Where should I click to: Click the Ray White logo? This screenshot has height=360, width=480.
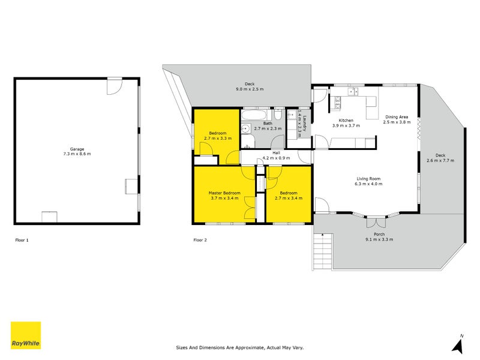[26, 335]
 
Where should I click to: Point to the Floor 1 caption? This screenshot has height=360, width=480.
[22, 240]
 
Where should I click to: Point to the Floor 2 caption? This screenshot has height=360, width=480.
[200, 240]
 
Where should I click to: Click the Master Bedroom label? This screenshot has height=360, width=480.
[224, 193]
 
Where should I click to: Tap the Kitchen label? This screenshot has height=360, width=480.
[346, 121]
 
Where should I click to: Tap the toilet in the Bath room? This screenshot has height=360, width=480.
[278, 115]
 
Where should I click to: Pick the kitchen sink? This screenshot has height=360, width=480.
[355, 92]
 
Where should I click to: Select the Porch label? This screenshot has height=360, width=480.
[379, 235]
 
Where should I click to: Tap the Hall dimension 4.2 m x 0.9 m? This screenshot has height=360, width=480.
[276, 158]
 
